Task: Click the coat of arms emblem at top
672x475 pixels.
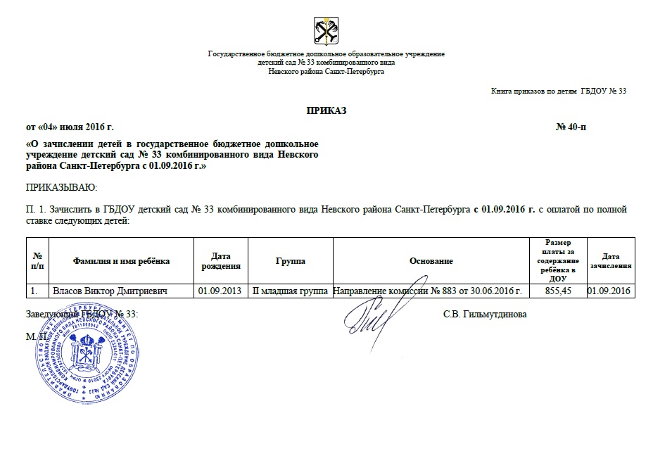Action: click(326, 32)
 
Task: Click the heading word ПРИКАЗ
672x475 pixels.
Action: click(326, 110)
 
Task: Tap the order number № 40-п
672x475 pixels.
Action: click(570, 127)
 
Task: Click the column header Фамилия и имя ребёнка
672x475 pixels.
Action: click(121, 261)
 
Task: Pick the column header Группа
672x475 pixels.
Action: click(291, 261)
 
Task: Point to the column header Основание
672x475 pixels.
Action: click(431, 261)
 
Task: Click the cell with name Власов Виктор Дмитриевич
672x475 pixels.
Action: click(110, 291)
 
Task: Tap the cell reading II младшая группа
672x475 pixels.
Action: click(290, 291)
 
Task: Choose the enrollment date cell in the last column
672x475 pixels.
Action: click(611, 291)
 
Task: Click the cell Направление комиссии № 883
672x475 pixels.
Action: click(430, 291)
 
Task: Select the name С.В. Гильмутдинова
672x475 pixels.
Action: click(485, 315)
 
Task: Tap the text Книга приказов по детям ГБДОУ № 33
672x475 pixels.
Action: click(558, 91)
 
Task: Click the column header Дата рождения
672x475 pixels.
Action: click(221, 261)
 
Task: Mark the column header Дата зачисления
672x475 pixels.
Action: click(611, 261)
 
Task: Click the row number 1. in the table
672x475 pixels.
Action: click(33, 291)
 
